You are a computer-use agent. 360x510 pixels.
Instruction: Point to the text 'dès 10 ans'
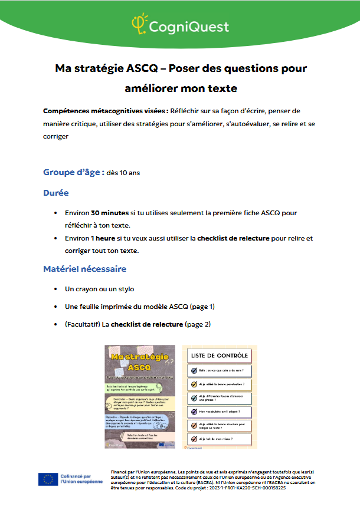tap(123, 173)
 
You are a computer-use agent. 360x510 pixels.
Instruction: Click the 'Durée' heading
tap(55, 193)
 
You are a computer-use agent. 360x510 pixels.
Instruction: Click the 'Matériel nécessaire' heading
tap(84, 269)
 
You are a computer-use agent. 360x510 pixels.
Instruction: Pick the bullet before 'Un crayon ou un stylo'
tap(54, 289)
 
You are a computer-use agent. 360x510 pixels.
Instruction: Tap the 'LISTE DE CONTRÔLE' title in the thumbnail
tap(219, 356)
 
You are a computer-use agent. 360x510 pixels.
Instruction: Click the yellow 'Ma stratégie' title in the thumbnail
tap(140, 358)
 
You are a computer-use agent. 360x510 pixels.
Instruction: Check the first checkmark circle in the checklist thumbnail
tap(194, 371)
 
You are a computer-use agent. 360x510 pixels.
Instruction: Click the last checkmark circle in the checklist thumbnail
tap(194, 439)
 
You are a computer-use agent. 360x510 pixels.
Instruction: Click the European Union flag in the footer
tap(47, 479)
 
